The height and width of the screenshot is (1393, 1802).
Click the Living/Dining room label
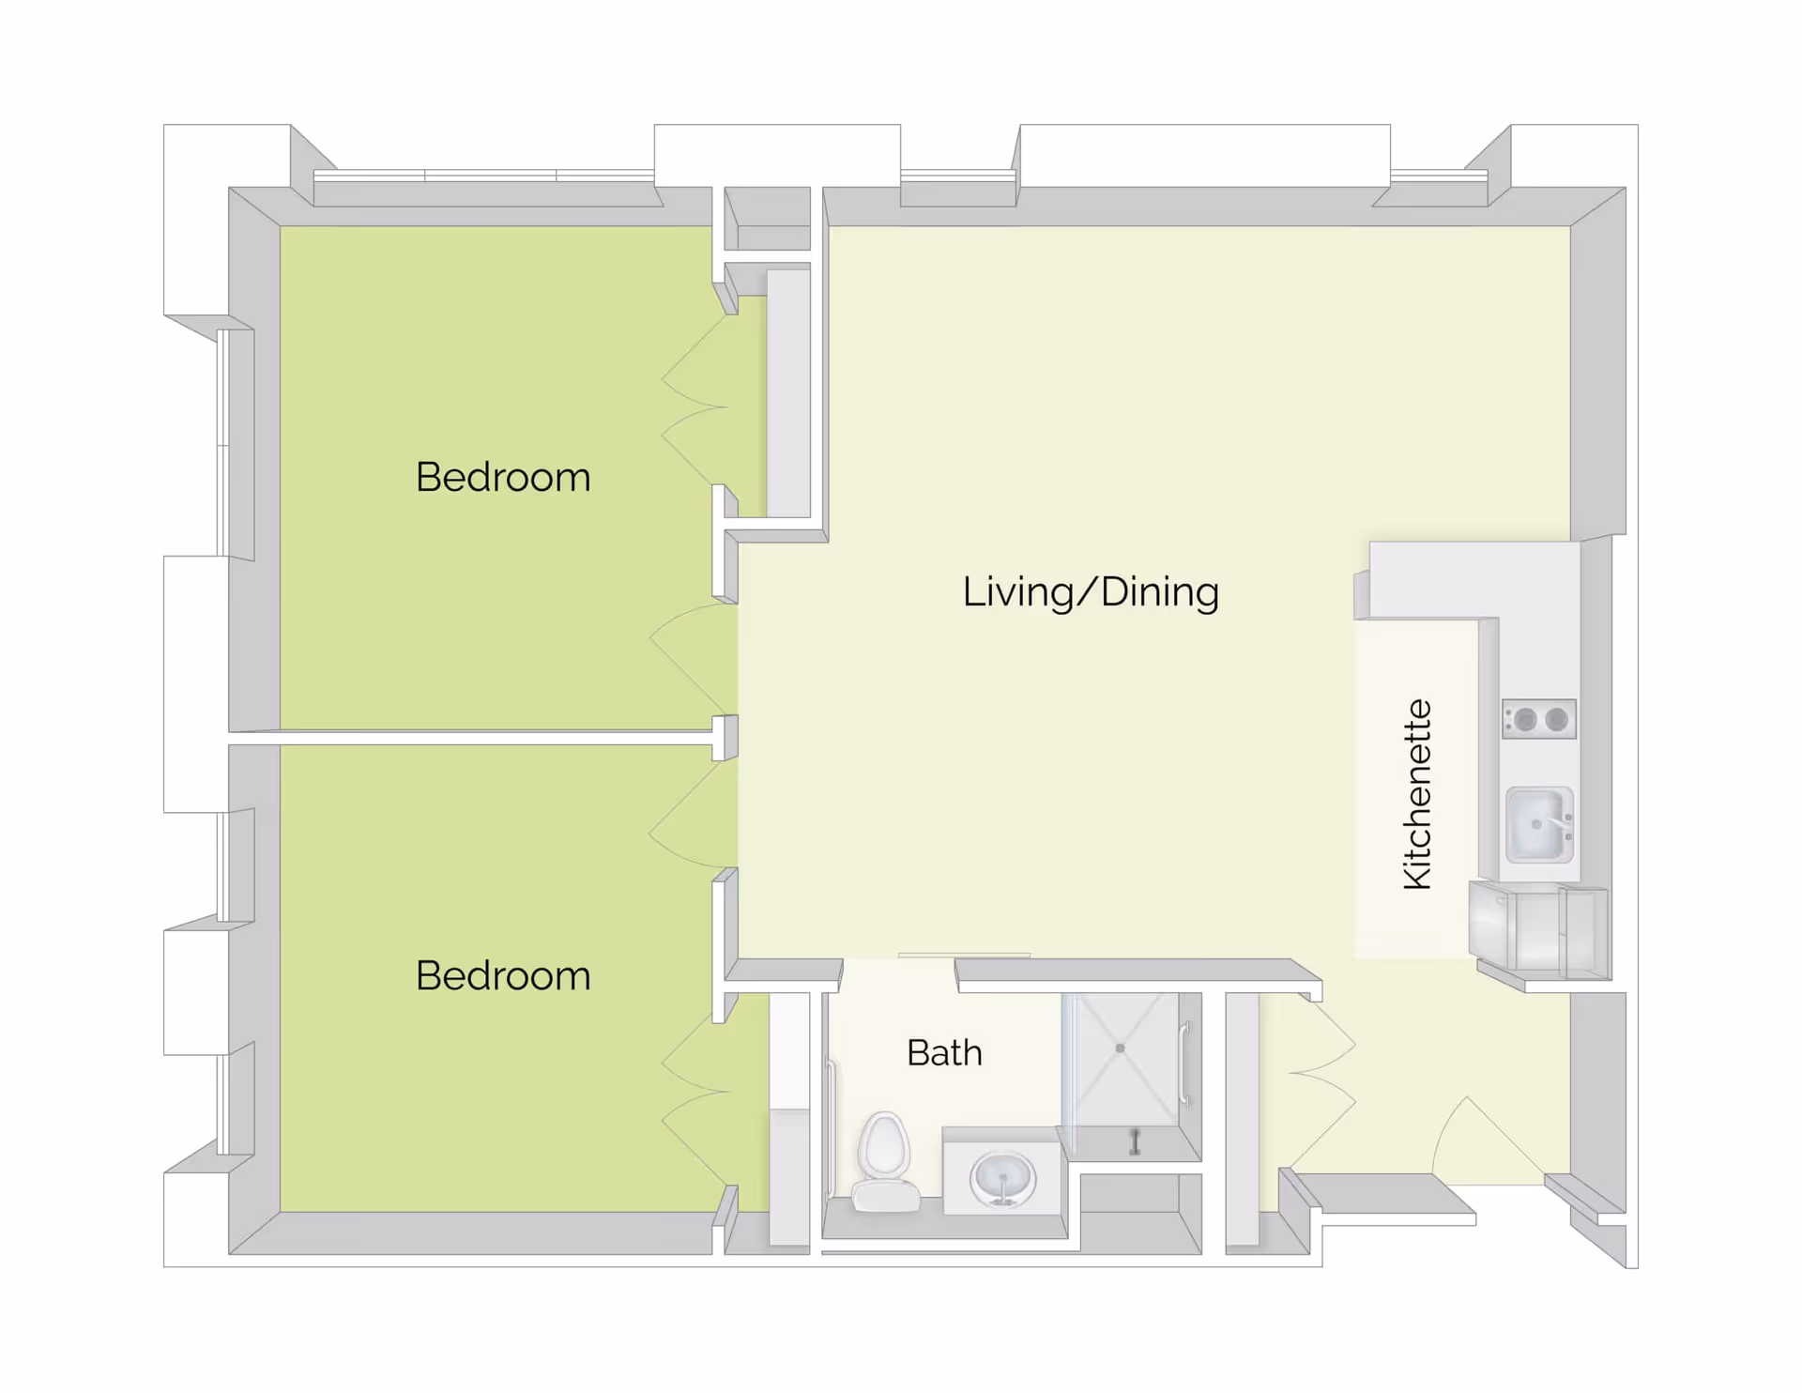coord(1091,592)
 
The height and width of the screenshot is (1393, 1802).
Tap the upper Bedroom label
coord(503,477)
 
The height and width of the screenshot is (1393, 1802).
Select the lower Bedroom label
coord(503,975)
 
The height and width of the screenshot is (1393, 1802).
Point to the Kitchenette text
coord(1417,794)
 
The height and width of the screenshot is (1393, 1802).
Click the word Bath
coord(944,1053)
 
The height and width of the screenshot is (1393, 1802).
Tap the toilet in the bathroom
coord(885,1163)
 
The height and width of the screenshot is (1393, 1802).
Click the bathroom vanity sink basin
coord(1002,1178)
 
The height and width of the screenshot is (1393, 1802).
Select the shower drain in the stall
coord(1120,1049)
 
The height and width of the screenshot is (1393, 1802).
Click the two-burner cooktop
coord(1538,720)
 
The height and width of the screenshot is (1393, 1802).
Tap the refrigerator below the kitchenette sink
coord(1539,929)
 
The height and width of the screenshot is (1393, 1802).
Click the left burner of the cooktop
coord(1525,720)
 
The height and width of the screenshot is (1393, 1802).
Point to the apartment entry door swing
coord(1483,1140)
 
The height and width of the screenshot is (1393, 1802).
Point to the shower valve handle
coord(1135,1141)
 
